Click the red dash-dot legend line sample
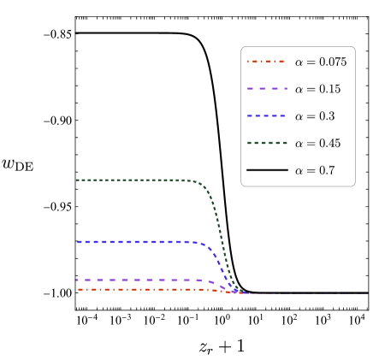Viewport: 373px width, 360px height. pyautogui.click(x=265, y=62)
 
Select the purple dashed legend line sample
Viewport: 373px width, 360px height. pyautogui.click(x=267, y=88)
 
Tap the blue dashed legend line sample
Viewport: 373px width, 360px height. pyautogui.click(x=267, y=115)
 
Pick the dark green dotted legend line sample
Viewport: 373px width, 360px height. pyautogui.click(x=267, y=143)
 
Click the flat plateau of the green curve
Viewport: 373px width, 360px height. pyautogui.click(x=128, y=180)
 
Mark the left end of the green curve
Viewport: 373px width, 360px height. pyautogui.click(x=77, y=180)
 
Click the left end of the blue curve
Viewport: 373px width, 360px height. pyautogui.click(x=78, y=242)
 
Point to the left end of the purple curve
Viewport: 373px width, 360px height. pyautogui.click(x=77, y=280)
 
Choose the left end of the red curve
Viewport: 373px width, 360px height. pyautogui.click(x=79, y=289)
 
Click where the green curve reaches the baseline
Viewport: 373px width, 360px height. pyautogui.click(x=241, y=292)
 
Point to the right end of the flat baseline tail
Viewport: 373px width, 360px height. pyautogui.click(x=366, y=293)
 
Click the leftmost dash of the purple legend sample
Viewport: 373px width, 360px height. pyautogui.click(x=250, y=88)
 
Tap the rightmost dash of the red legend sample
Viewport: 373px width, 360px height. pyautogui.click(x=281, y=62)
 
